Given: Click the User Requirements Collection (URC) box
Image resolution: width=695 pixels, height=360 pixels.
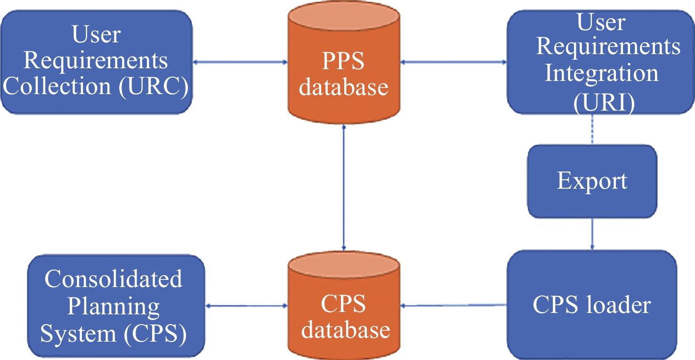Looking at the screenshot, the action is point(97,62).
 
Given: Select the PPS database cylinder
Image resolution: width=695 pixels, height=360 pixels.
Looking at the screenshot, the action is point(344,62).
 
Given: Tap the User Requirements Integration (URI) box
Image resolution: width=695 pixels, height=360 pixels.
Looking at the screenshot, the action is point(601,62).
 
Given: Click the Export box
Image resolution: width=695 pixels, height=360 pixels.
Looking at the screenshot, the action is point(592,181).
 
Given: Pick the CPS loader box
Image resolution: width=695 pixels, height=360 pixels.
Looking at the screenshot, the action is point(592,305).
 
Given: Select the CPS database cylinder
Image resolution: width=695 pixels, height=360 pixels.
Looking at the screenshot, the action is point(344,305).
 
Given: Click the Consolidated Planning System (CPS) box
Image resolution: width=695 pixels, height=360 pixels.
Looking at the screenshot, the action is point(116,306).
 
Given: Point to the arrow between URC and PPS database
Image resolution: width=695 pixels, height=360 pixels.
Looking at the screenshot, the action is point(240,62).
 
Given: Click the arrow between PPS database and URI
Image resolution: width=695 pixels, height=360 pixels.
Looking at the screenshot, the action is point(453,62).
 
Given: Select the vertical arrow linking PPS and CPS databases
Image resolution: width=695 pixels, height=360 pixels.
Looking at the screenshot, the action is point(344,187).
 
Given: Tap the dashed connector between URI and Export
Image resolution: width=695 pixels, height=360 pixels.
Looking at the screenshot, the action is point(592,129).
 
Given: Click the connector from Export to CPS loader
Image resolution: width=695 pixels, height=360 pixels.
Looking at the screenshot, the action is point(592,234).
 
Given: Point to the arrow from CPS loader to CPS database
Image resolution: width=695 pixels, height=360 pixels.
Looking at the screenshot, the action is point(453,305).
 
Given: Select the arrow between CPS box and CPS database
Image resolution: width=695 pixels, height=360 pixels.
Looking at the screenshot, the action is point(246,306).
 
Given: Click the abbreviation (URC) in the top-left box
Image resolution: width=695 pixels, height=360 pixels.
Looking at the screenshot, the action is point(154,86).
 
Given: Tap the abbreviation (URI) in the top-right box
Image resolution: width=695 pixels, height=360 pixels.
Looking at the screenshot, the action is point(604,102).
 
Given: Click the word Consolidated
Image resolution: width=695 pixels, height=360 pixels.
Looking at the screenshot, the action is point(113,279).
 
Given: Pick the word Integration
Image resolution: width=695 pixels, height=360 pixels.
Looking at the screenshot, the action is point(601,74).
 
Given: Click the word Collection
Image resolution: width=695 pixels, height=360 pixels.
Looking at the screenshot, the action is point(57,86).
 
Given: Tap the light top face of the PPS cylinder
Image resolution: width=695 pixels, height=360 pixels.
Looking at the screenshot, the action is point(344,16).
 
